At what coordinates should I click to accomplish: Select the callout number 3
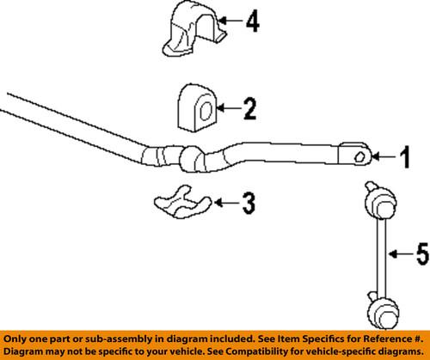pyautogui.click(x=249, y=204)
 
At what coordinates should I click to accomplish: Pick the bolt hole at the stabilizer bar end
pyautogui.click(x=358, y=156)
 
